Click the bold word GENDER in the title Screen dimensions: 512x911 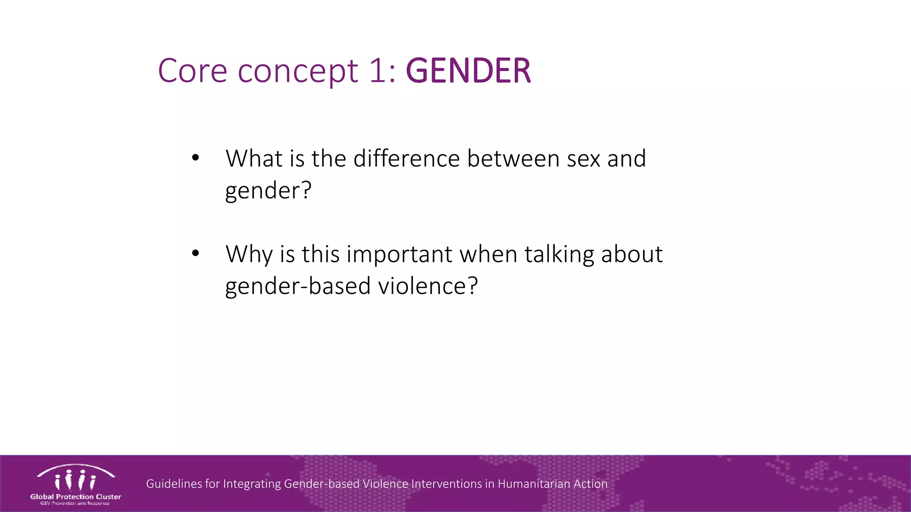pos(468,71)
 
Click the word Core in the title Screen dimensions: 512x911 pos(192,71)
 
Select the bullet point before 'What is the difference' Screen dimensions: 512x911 pos(195,158)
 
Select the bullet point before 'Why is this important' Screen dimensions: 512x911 pos(195,253)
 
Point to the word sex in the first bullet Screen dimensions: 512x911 pos(584,159)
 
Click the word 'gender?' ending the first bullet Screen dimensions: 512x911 pos(268,191)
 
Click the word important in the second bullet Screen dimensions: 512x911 pos(399,255)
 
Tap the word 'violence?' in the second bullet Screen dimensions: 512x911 pos(427,286)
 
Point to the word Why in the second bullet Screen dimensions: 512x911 pos(249,255)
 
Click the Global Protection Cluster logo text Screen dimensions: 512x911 pos(76,497)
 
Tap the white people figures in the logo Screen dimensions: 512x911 pos(75,480)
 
